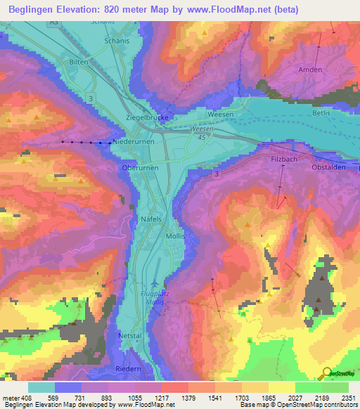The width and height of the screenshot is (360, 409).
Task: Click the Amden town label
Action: pos(310,70)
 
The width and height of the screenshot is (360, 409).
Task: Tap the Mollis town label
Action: pos(175,236)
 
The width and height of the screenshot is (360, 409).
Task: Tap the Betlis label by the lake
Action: pos(321,112)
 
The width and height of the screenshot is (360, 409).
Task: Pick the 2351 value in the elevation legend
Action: pos(348,398)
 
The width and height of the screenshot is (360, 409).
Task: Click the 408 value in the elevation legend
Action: pos(22,398)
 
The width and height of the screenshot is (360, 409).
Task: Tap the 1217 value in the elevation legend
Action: pos(162,398)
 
